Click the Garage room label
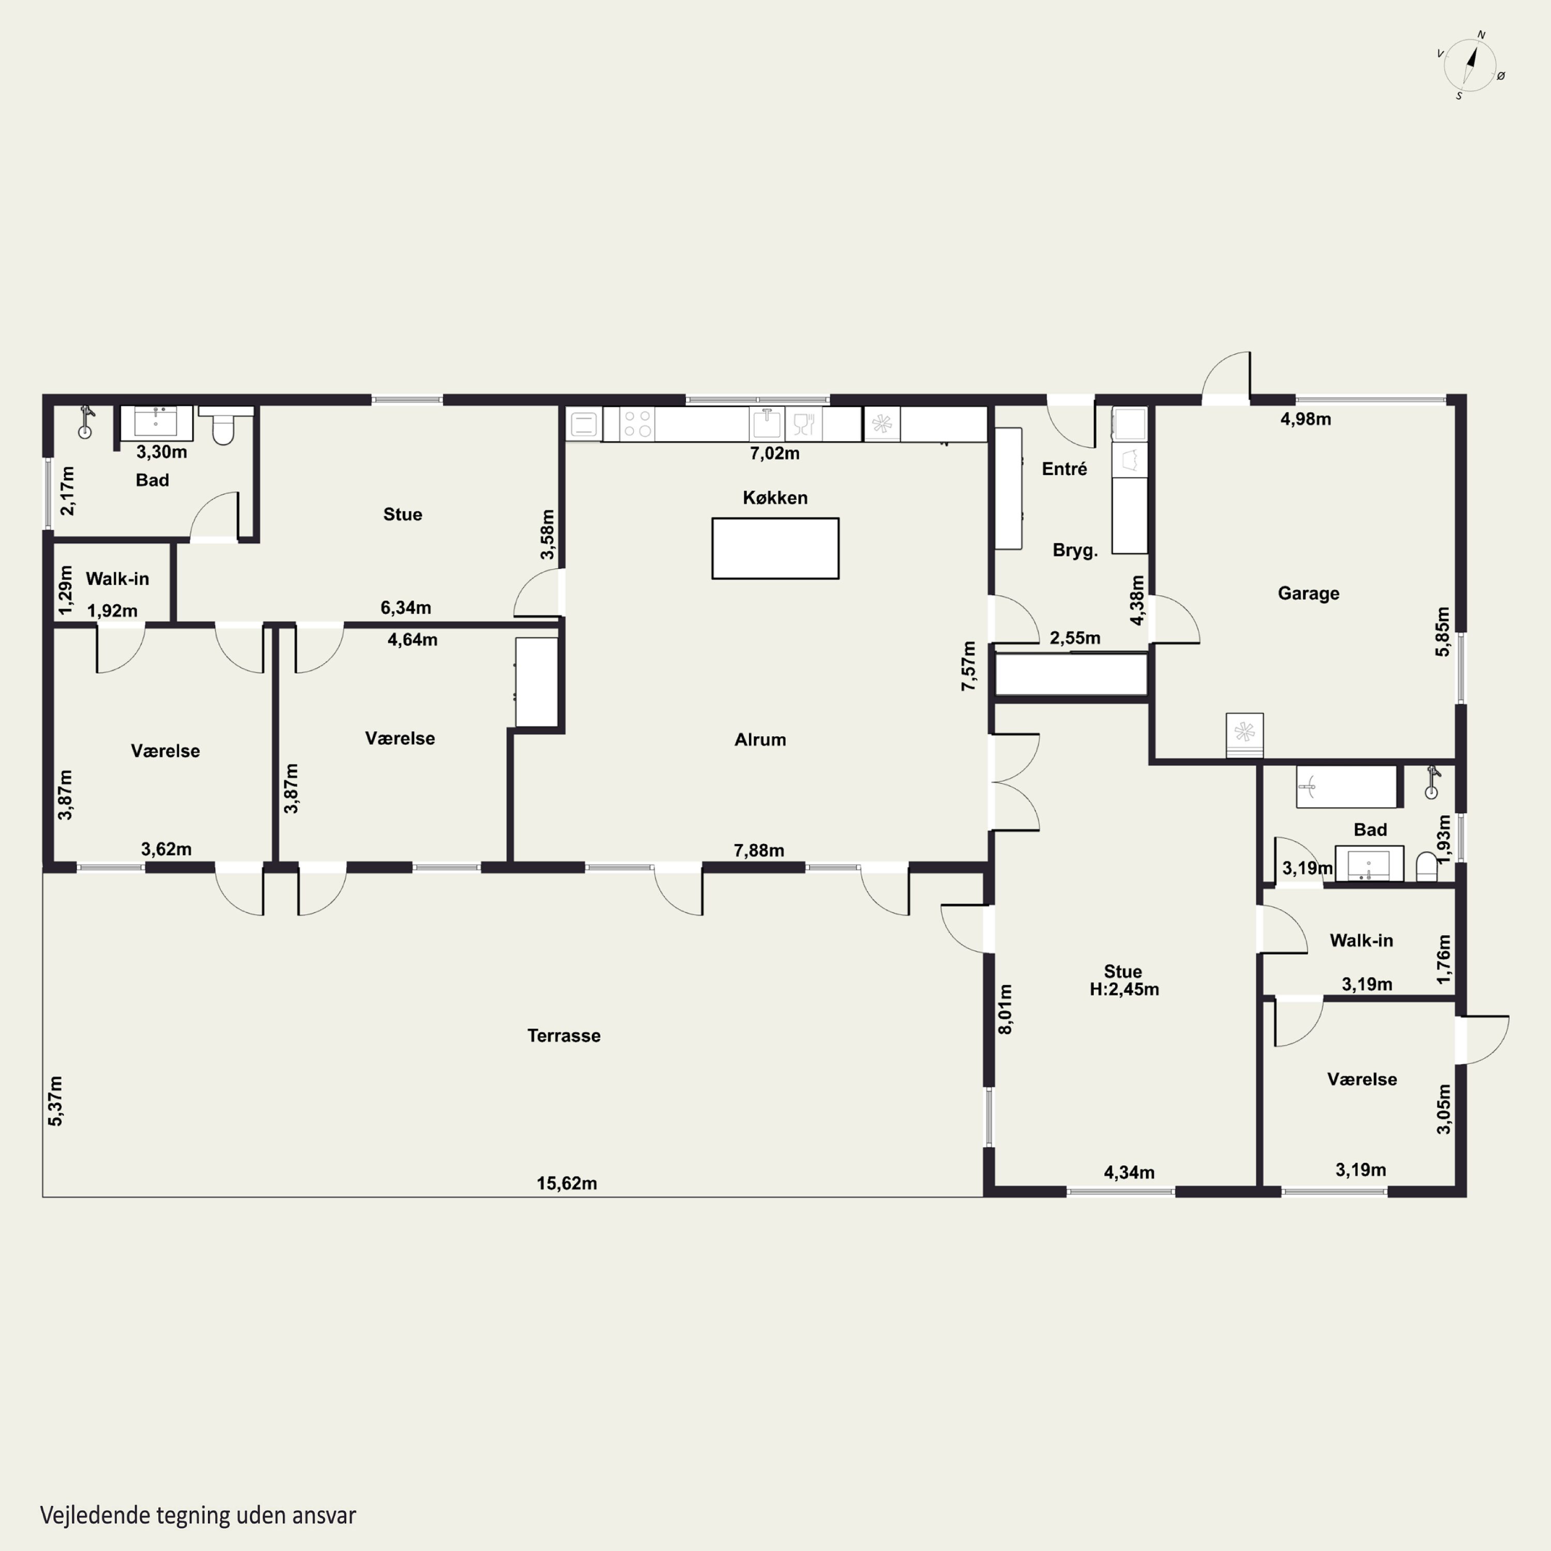tap(1309, 594)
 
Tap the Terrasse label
tap(564, 1036)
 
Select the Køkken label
tap(774, 498)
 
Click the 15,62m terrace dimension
tap(567, 1183)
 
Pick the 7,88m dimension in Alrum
tap(758, 850)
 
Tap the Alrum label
tap(760, 739)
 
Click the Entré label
tap(1065, 469)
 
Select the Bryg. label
tap(1075, 551)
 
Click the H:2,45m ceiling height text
tap(1124, 989)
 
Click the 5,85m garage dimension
tap(1442, 632)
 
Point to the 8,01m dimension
tap(1005, 1009)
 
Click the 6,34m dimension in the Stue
tap(405, 607)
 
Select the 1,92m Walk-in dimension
tap(112, 611)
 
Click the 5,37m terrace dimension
tap(55, 1101)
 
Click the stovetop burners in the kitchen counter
tap(637, 424)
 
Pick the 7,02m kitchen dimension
tap(774, 453)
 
